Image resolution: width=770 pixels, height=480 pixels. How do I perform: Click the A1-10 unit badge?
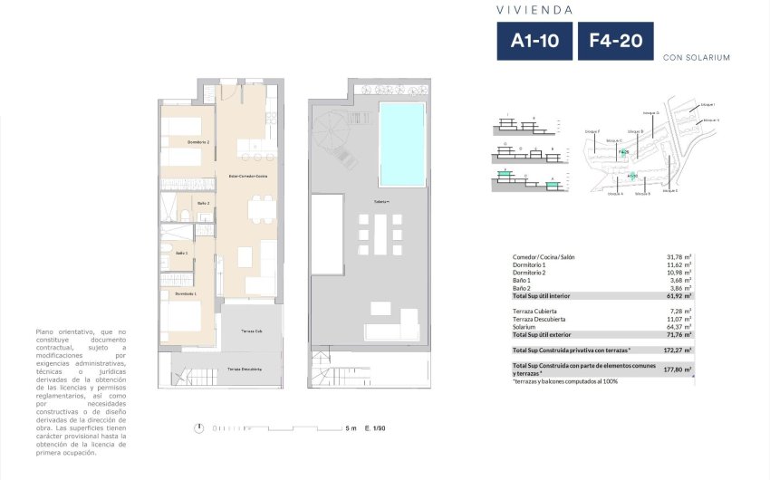pos(533,41)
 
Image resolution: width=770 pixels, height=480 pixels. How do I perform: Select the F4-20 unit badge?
pos(614,41)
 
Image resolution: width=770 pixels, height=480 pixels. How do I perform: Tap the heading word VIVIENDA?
pos(534,10)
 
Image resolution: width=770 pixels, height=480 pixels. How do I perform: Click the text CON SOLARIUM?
pos(696,57)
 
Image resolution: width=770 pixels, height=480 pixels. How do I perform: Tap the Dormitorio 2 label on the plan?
pos(198,143)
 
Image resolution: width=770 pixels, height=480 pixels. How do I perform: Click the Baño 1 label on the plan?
pos(181,253)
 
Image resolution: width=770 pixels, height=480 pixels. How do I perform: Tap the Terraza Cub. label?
pos(252,331)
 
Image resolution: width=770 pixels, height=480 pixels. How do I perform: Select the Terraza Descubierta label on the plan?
pos(245,370)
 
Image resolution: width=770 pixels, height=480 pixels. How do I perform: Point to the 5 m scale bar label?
pos(350,427)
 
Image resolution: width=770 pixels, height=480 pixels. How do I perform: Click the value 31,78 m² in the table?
pos(678,257)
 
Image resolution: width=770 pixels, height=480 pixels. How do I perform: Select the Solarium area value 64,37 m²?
pos(678,327)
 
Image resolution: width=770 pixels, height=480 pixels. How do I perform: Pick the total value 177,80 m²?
pos(678,370)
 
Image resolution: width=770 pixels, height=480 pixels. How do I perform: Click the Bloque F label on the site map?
pos(592,132)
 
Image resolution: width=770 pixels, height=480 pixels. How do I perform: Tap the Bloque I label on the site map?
pos(708,104)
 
